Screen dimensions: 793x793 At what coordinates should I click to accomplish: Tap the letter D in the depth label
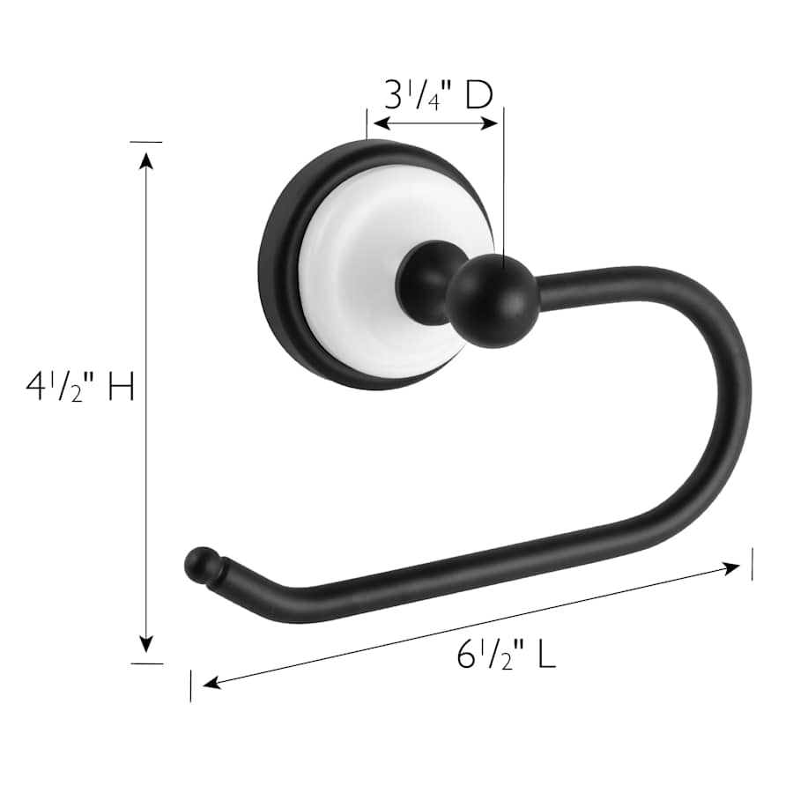click(x=478, y=94)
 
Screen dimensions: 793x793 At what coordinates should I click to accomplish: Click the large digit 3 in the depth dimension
click(x=393, y=94)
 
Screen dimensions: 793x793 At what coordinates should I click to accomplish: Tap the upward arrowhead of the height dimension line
click(x=146, y=159)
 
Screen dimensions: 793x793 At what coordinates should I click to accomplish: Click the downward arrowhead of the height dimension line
click(x=146, y=645)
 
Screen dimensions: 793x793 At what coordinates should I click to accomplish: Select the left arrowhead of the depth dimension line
click(x=382, y=123)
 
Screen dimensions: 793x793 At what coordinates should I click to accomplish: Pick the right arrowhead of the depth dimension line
click(x=490, y=123)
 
